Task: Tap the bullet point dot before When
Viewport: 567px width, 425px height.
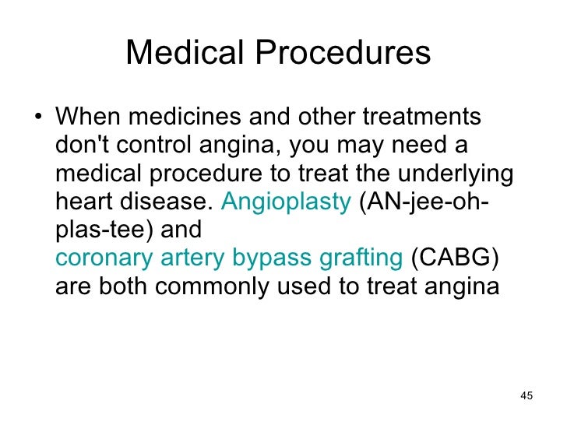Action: pos(38,119)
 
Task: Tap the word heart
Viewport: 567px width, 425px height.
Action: pos(85,202)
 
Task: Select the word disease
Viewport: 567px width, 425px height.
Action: pos(167,202)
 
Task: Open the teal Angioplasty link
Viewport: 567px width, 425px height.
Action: pos(287,202)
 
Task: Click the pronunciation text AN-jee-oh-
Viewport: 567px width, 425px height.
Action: pos(424,202)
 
